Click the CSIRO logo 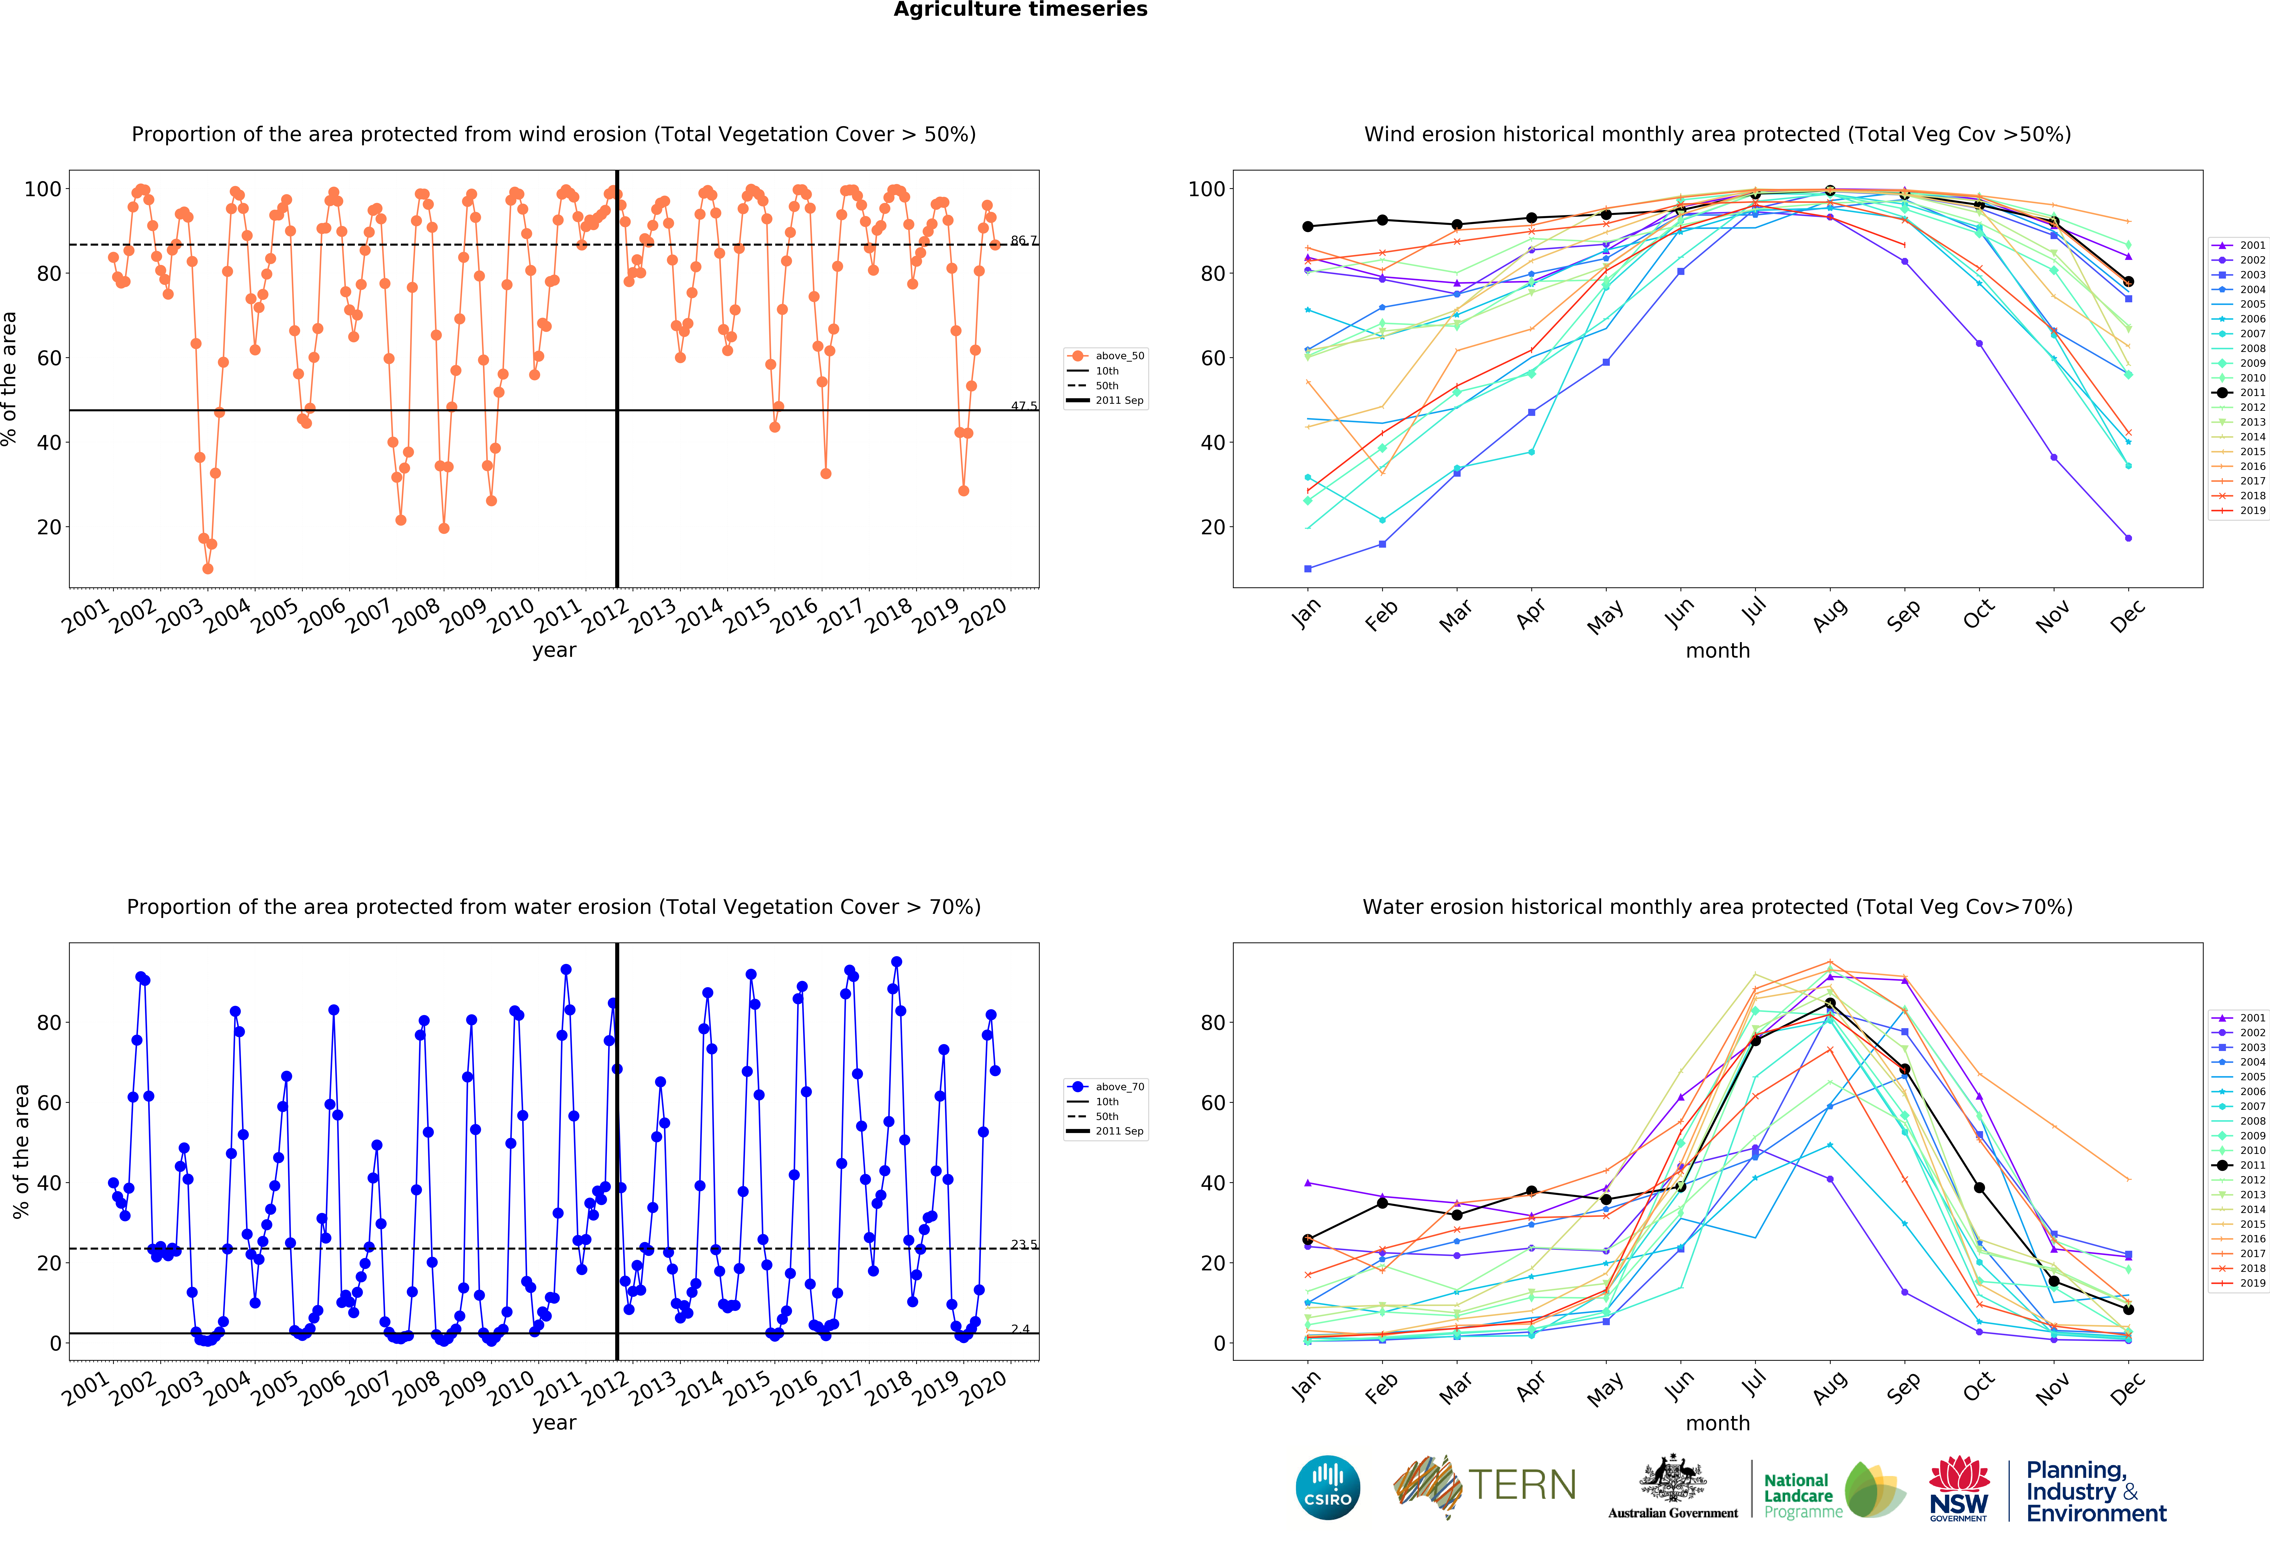tap(1327, 1487)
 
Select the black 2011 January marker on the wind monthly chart tap(1308, 226)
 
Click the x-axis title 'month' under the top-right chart tap(1717, 650)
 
